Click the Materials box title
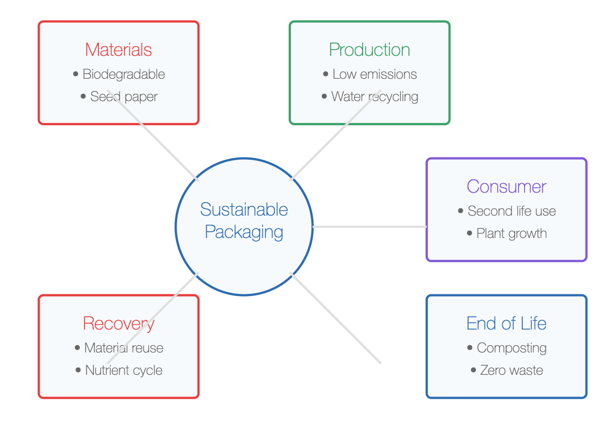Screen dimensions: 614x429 (118, 50)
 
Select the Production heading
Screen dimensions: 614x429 (369, 50)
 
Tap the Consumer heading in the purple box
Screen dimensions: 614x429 (506, 187)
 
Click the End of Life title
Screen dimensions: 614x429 (506, 323)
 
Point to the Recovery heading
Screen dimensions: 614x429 (118, 324)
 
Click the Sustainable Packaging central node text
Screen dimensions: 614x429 (244, 221)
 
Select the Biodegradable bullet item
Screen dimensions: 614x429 (123, 74)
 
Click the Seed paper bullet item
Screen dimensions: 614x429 (123, 97)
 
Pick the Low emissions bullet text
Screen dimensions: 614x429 (375, 74)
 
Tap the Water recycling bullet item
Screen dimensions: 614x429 (375, 97)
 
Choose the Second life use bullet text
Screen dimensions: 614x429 (512, 211)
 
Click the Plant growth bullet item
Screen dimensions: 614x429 (512, 233)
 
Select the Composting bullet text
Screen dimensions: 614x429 (512, 348)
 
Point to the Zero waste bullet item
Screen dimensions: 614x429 (512, 370)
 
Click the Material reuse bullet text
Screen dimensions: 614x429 (123, 347)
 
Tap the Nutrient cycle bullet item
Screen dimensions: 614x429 (123, 370)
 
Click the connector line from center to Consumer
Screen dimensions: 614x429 (370, 227)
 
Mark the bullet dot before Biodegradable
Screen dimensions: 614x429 (75, 74)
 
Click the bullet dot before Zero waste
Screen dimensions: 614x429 (473, 370)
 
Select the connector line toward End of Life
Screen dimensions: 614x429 (336, 318)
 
